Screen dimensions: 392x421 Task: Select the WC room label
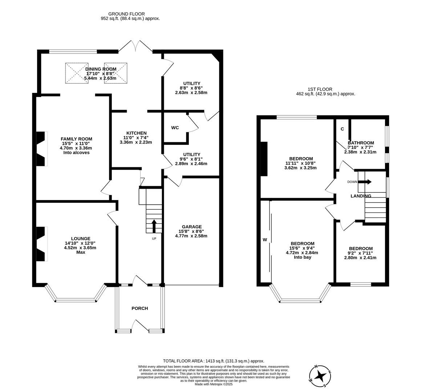[175, 128]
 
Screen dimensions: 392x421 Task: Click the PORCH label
[139, 308]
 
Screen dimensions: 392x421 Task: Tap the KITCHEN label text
[136, 133]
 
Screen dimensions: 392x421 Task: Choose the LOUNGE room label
[80, 238]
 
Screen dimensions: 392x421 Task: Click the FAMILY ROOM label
[76, 139]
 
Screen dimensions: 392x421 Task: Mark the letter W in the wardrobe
[265, 240]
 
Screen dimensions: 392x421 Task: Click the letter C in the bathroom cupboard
[342, 129]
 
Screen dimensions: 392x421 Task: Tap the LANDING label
[360, 196]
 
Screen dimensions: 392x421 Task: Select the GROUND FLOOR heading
[126, 14]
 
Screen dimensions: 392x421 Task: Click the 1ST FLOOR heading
[320, 89]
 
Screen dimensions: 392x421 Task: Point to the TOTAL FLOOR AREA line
[213, 361]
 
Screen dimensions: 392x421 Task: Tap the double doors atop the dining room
[135, 46]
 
